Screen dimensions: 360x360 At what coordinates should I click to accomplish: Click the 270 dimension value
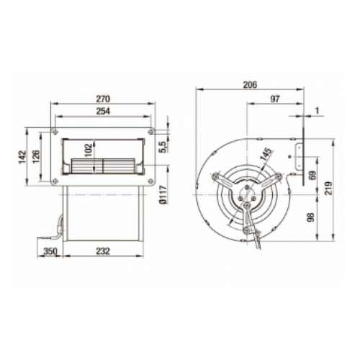[103, 99]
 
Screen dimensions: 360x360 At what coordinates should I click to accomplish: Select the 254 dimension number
[103, 111]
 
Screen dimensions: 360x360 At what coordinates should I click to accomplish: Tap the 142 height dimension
[22, 157]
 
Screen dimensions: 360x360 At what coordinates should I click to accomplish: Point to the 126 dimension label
[36, 156]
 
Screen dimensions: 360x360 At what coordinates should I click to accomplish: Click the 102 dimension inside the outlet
[89, 150]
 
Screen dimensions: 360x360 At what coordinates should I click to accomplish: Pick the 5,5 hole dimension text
[163, 147]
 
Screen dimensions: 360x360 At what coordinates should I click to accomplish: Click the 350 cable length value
[50, 251]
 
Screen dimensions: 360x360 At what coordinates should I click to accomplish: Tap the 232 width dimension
[103, 251]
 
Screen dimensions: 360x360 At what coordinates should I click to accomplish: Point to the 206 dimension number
[250, 85]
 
